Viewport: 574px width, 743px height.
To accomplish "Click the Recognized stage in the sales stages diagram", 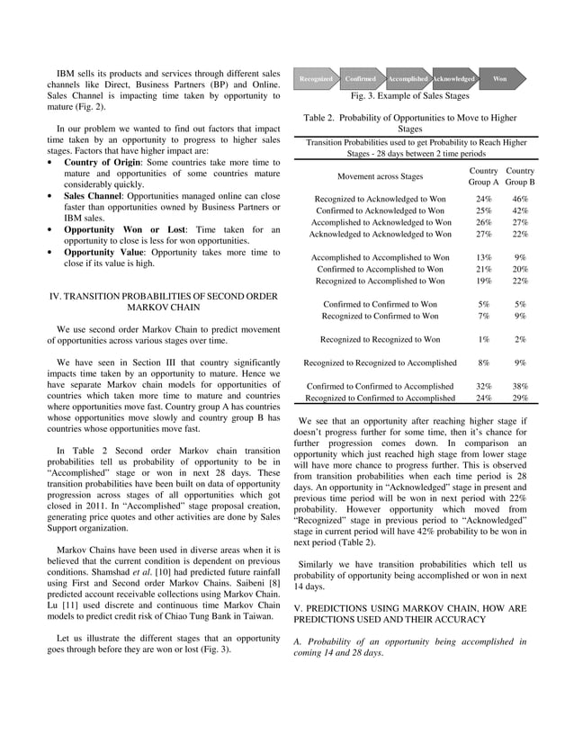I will (x=316, y=79).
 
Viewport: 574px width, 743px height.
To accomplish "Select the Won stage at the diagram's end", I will (x=499, y=79).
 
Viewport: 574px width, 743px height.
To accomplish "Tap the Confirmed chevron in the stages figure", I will (x=361, y=79).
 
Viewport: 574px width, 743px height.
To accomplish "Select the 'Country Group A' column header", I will (x=484, y=176).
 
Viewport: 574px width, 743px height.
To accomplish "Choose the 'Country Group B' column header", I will (x=520, y=176).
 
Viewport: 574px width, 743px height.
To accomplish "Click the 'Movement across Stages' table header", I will (x=380, y=176).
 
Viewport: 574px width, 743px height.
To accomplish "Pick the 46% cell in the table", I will (x=520, y=199).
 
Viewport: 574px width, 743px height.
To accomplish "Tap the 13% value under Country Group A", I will (x=484, y=257).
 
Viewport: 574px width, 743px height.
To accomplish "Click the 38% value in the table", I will (x=520, y=386).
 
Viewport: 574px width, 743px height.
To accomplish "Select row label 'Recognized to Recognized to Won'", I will (x=381, y=340).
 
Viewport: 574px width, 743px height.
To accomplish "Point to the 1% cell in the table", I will (x=484, y=340).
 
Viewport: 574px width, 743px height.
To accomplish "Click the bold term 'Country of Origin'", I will (x=99, y=162).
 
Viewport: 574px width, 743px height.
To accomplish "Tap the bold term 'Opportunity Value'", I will (x=102, y=253).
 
